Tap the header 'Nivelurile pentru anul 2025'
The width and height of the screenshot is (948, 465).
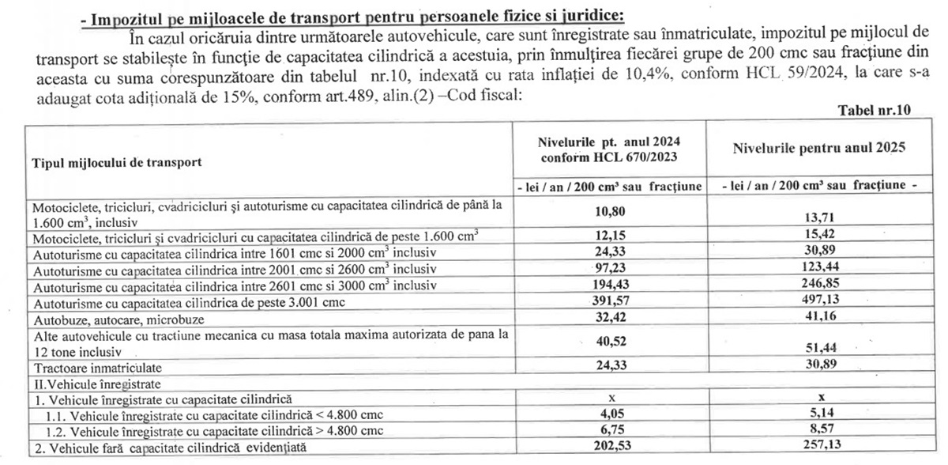818,148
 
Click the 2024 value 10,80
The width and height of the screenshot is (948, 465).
609,213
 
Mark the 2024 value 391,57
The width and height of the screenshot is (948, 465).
609,303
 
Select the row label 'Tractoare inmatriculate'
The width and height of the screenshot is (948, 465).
97,369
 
